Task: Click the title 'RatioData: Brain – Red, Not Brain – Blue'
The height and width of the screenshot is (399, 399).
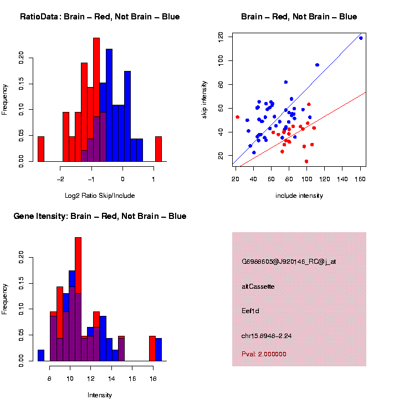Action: pos(100,17)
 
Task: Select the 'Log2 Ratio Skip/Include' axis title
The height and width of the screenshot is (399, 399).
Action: pos(100,196)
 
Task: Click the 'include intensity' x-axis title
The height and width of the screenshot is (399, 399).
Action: pos(299,196)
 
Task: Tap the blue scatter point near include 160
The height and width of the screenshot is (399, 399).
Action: pos(361,38)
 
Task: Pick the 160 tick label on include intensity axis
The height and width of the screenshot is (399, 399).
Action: pos(361,178)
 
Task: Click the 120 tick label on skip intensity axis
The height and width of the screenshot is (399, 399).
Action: pos(221,37)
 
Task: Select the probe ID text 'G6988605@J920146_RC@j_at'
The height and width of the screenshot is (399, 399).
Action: pos(288,262)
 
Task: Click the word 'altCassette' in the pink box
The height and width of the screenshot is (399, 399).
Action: pos(258,287)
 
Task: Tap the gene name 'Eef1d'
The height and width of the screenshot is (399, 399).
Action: pos(250,311)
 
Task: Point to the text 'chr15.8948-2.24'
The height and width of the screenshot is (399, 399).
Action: pos(265,335)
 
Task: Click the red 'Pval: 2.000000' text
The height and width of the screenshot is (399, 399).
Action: pos(264,354)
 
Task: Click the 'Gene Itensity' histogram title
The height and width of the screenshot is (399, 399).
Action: pos(100,216)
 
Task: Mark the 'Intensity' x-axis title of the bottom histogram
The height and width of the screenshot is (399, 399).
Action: pos(100,395)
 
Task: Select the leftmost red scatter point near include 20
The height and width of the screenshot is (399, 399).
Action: pos(237,117)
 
